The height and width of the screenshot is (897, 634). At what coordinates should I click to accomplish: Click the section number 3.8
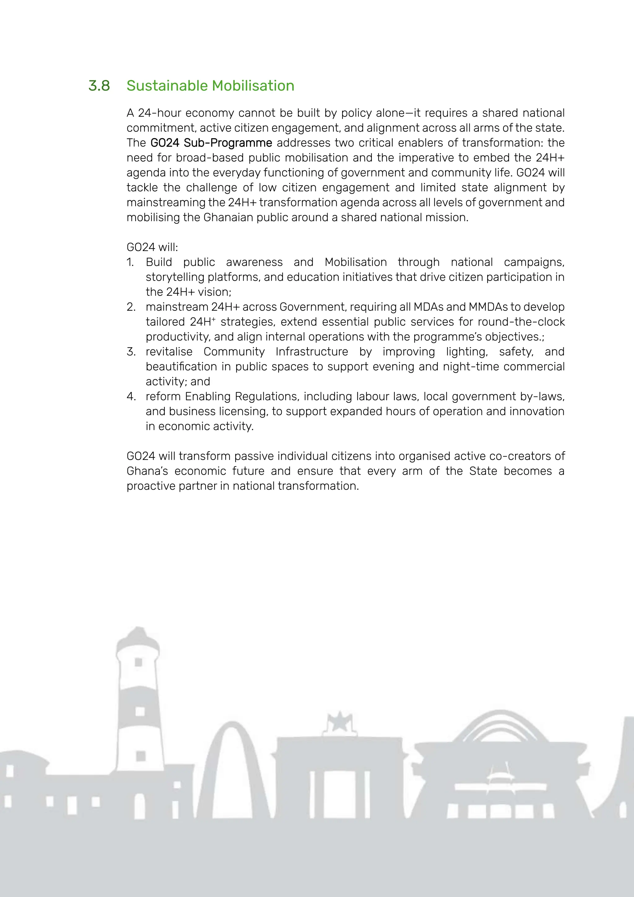coord(99,85)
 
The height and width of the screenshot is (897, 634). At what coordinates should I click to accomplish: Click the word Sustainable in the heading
coord(167,85)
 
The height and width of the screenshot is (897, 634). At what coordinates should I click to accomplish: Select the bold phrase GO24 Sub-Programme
coord(211,143)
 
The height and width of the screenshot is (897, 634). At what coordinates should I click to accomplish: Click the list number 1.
coord(130,262)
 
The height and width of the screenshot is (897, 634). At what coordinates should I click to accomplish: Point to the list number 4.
coord(131,396)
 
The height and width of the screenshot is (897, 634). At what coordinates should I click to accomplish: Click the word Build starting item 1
coord(158,262)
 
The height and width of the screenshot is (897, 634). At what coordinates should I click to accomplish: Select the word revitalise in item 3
coord(169,352)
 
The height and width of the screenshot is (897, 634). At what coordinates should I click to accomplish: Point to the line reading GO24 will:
coord(152,247)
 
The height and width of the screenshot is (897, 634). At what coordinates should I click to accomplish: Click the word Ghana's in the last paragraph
coord(147,471)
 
